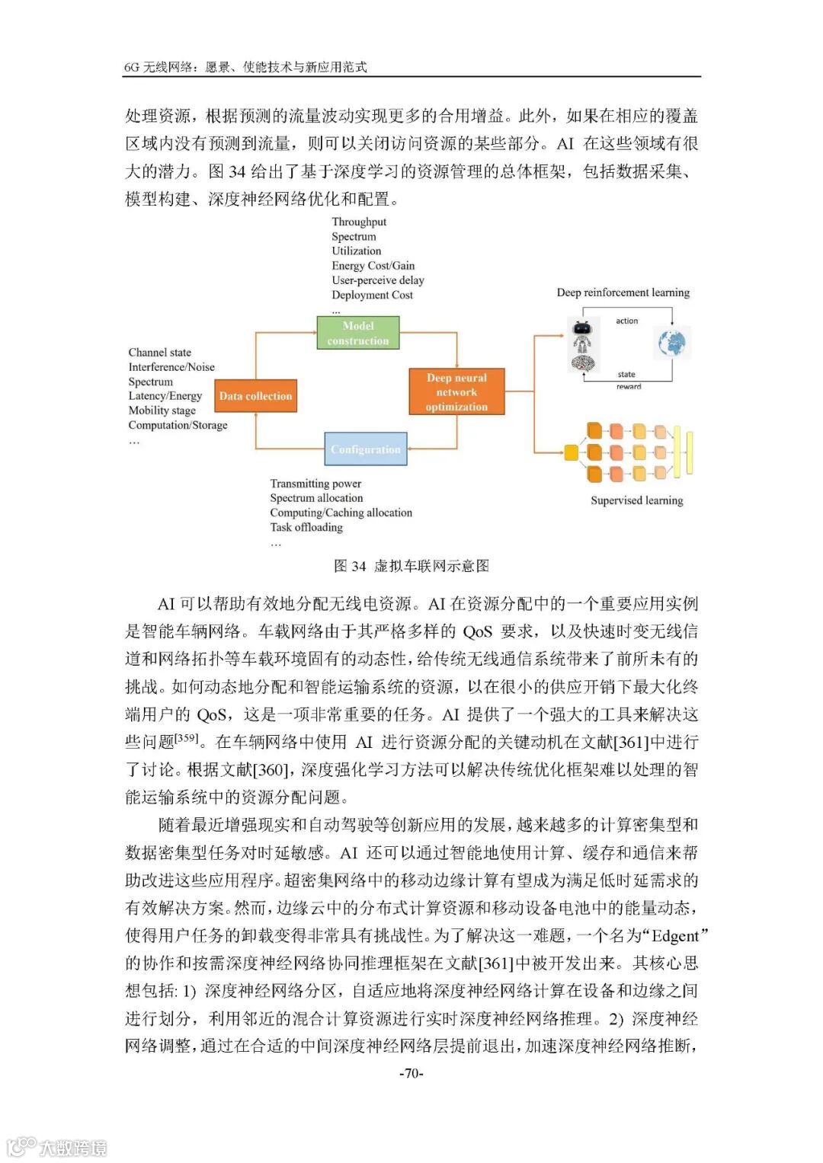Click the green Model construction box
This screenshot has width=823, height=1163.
click(x=357, y=333)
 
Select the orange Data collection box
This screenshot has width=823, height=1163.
click(x=255, y=396)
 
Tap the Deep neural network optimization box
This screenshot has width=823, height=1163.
click(x=456, y=392)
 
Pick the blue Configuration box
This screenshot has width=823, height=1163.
click(x=365, y=449)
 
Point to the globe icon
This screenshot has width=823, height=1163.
click(x=673, y=343)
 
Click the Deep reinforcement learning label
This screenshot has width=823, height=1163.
click(x=623, y=292)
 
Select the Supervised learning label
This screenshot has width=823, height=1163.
click(x=636, y=500)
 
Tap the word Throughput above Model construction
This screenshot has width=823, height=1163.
click(x=359, y=222)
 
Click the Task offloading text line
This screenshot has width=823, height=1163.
click(x=306, y=527)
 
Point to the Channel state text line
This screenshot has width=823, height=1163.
click(x=160, y=353)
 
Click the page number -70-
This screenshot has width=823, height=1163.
click(x=411, y=1073)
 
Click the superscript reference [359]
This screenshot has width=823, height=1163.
click(x=186, y=738)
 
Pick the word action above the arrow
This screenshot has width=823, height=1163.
click(x=627, y=321)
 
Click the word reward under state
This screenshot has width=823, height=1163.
click(x=629, y=387)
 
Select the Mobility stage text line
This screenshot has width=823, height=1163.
click(x=162, y=411)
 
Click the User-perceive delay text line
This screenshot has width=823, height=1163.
click(x=378, y=280)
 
